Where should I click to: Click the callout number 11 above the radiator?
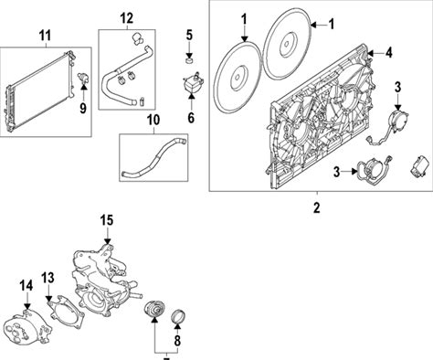point(45,36)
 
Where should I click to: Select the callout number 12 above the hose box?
point(126,18)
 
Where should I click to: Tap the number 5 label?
point(189,35)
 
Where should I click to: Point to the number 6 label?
point(191,118)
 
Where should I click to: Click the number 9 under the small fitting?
point(83,108)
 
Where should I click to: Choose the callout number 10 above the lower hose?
point(153,120)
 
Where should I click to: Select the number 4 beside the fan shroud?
point(388,53)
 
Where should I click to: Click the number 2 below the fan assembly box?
point(317,207)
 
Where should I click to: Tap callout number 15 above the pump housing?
point(107,220)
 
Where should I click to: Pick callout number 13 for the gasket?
point(48,278)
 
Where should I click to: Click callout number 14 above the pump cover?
point(26,286)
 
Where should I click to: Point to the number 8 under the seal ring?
point(177,341)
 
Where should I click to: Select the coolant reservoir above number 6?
point(193,82)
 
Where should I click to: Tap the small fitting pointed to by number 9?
point(83,78)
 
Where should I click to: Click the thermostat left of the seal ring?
point(154,309)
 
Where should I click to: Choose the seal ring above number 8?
point(179,317)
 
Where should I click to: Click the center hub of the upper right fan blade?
point(287,44)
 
